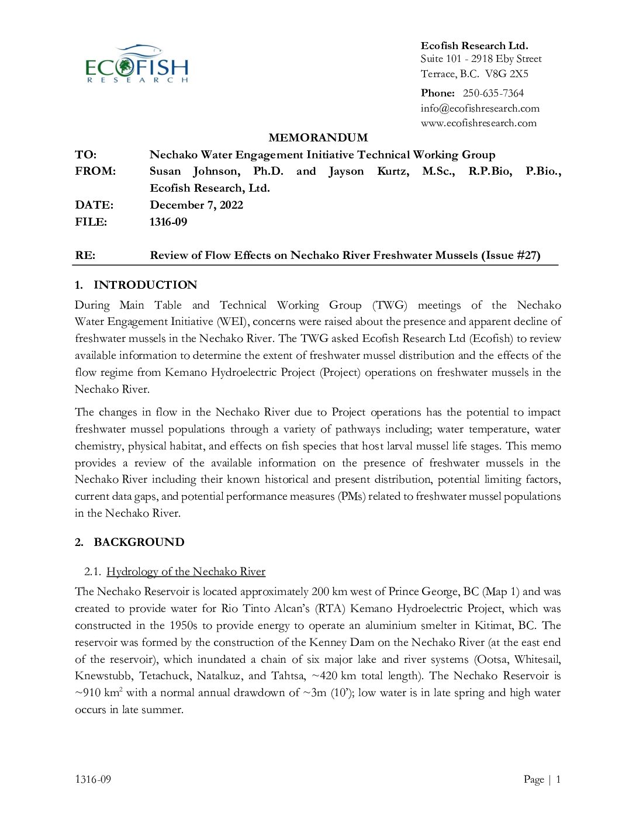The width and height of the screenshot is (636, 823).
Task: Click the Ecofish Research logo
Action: coord(137,64)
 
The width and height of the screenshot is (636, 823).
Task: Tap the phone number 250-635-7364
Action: coord(493,93)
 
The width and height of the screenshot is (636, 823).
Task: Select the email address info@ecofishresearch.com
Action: coord(479,108)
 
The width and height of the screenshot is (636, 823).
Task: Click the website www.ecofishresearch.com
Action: coord(478,123)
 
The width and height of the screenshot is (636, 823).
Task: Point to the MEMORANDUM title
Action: coord(318,138)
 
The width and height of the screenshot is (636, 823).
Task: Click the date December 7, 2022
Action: coord(196,205)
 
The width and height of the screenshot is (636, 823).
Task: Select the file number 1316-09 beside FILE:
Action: coord(168,222)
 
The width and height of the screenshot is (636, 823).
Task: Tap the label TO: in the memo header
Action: coord(85,155)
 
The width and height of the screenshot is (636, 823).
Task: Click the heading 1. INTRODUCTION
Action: coord(136,285)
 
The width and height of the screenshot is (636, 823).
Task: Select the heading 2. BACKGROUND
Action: coord(129,542)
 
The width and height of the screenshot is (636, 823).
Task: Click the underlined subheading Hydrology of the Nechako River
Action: coord(185,572)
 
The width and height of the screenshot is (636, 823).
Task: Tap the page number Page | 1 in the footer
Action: coord(542,779)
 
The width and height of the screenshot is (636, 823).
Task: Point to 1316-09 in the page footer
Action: coord(93,779)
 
